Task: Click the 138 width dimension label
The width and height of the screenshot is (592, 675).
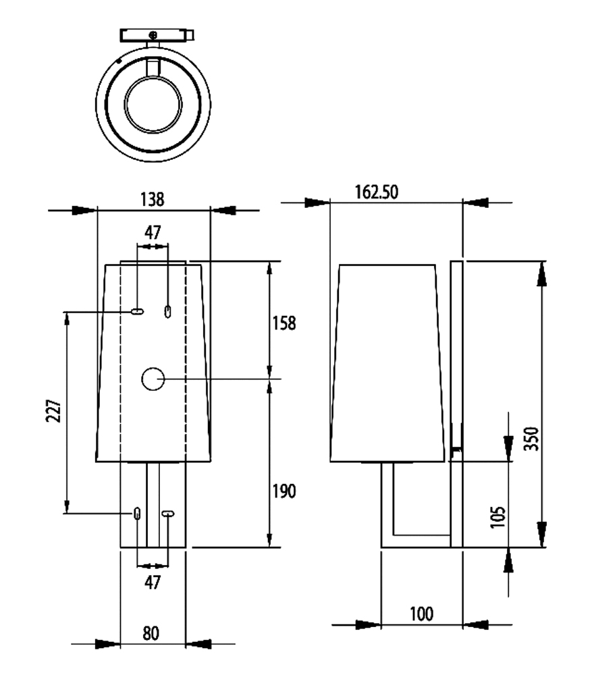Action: point(153,199)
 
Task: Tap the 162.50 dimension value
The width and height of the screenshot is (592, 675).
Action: point(377,192)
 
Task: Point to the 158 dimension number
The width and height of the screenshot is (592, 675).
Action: point(284,323)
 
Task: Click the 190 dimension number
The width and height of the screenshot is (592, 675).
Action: point(284,491)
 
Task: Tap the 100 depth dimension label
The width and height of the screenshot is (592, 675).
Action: point(421,614)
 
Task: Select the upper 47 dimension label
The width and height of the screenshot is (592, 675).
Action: point(153,233)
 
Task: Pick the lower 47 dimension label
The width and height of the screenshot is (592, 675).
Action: point(153,582)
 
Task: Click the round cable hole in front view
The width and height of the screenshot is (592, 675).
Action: point(153,379)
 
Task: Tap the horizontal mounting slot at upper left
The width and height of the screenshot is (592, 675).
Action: point(137,312)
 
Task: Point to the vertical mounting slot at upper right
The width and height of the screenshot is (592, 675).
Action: point(168,312)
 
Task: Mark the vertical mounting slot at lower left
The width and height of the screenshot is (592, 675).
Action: point(138,514)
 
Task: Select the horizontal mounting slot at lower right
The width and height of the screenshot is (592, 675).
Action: point(167,514)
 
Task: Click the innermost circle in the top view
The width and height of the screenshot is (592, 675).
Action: point(153,104)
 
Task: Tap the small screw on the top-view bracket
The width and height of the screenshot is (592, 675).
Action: point(153,34)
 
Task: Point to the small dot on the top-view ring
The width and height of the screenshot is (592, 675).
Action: point(119,61)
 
